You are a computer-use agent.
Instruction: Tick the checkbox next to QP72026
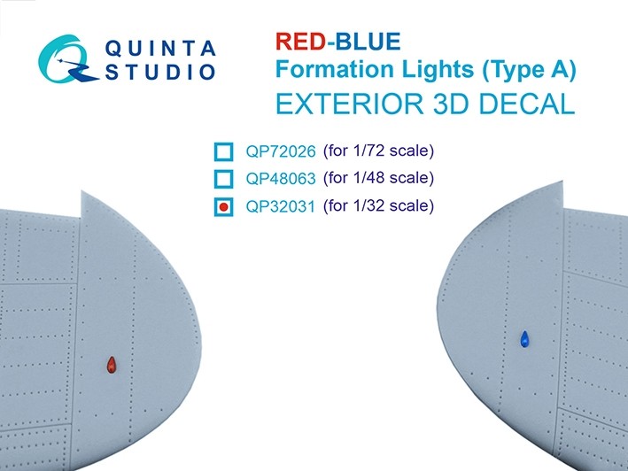(224, 151)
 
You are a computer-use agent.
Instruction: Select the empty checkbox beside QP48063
(224, 180)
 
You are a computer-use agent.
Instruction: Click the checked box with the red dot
(224, 208)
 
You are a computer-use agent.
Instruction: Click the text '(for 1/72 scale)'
(377, 151)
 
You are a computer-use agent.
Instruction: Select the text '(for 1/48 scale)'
(377, 178)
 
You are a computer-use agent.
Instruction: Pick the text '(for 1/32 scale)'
(377, 206)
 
